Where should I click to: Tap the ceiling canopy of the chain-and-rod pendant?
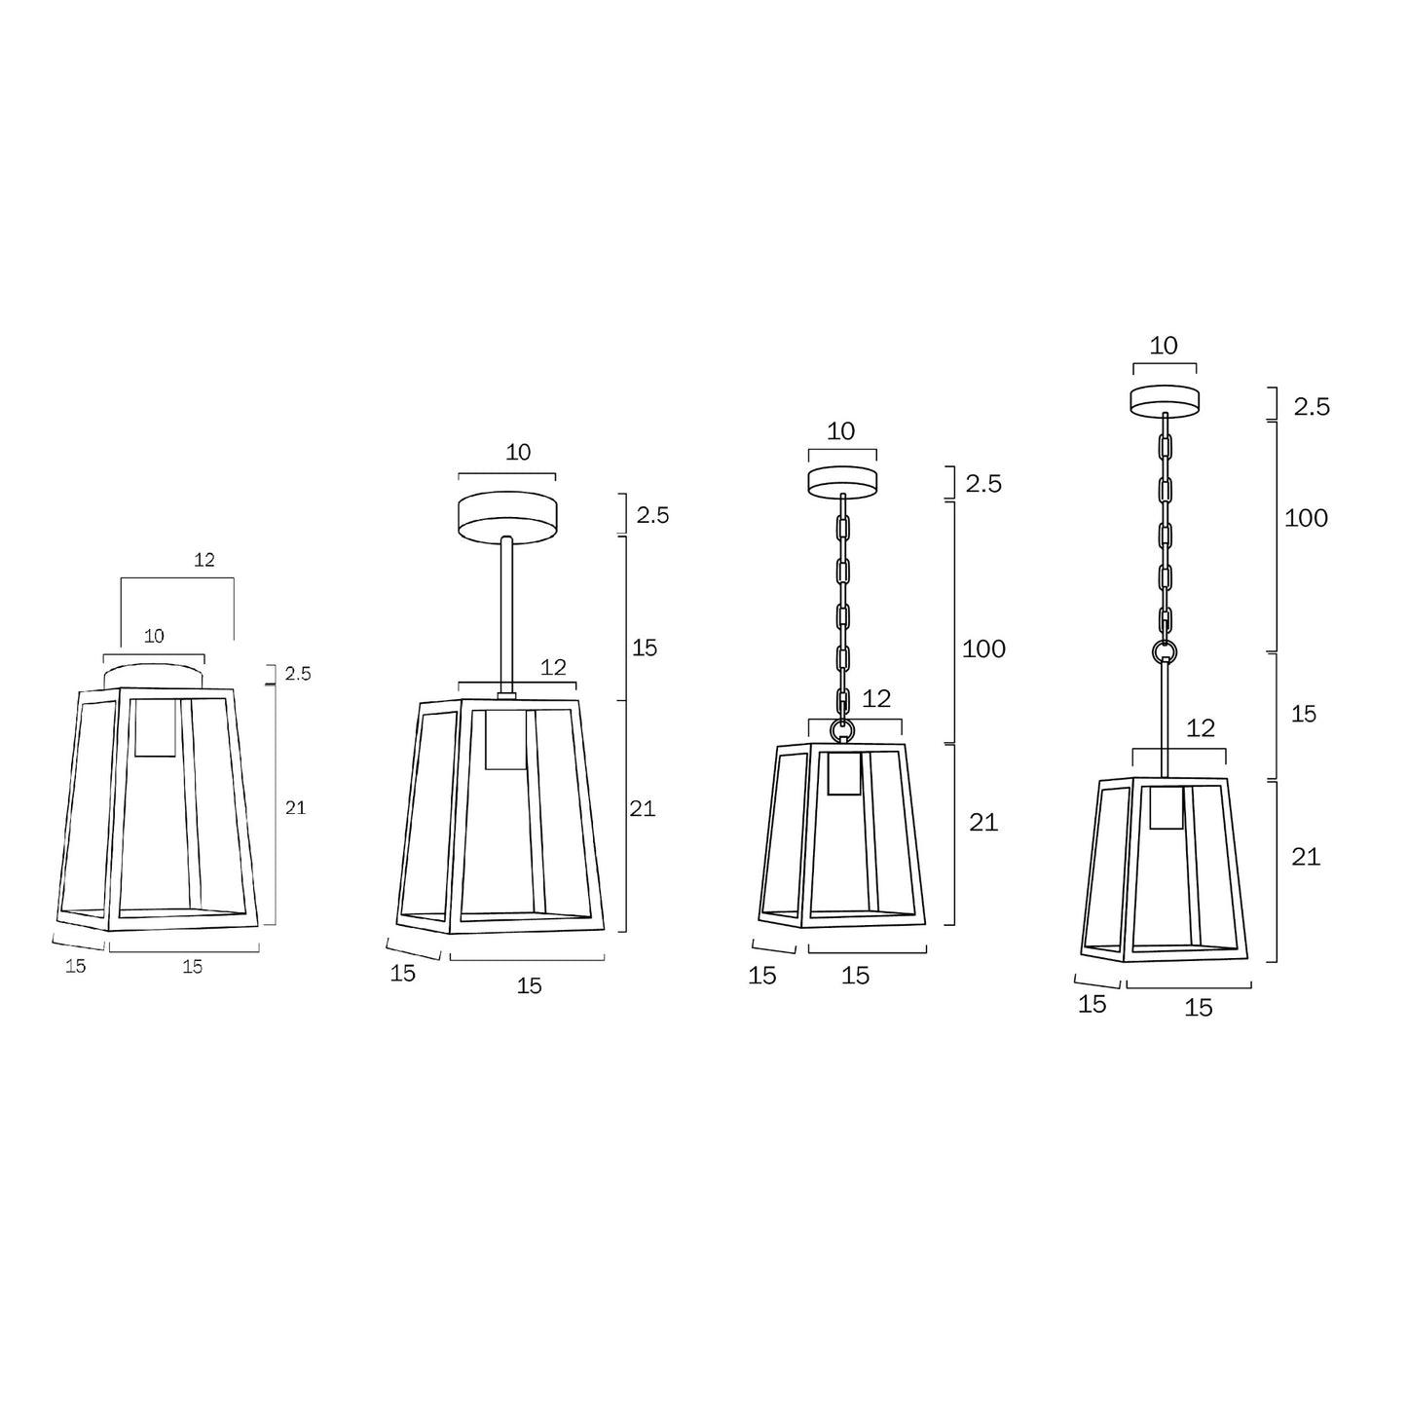click(x=1165, y=400)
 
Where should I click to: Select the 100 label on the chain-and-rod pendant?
click(x=1307, y=518)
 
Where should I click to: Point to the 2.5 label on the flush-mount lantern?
click(x=298, y=674)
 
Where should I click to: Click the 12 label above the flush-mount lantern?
click(x=204, y=560)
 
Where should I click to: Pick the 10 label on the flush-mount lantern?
click(x=154, y=637)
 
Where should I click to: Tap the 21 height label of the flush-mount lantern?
click(x=295, y=808)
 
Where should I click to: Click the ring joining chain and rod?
click(x=1165, y=650)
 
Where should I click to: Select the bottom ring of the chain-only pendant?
click(x=842, y=728)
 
